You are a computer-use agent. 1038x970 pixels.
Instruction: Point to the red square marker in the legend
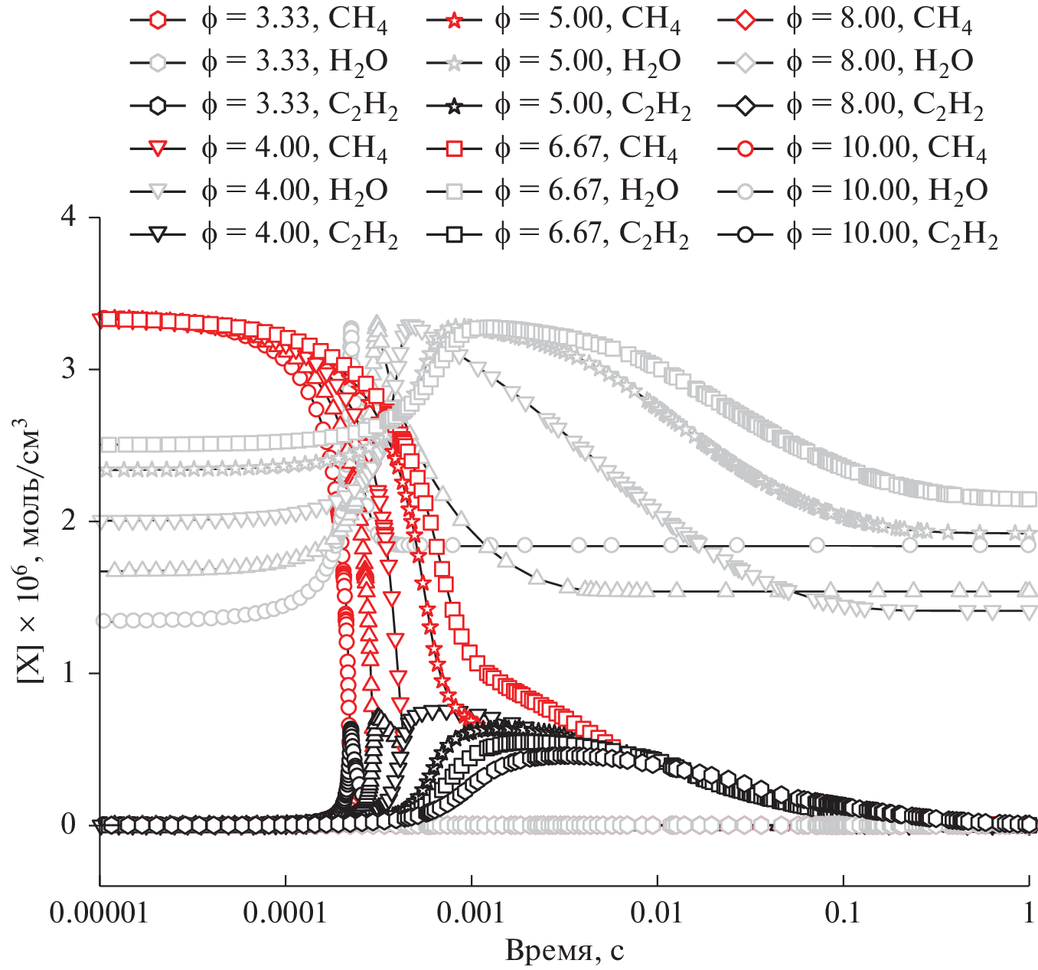tap(453, 148)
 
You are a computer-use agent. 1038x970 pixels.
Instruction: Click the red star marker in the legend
tap(453, 19)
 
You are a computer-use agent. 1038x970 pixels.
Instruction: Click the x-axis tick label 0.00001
tap(100, 913)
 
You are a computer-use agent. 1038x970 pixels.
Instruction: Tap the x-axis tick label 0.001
tap(472, 913)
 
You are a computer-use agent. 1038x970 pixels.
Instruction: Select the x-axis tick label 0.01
tap(658, 913)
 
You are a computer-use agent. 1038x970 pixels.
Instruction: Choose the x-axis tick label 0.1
tap(843, 913)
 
